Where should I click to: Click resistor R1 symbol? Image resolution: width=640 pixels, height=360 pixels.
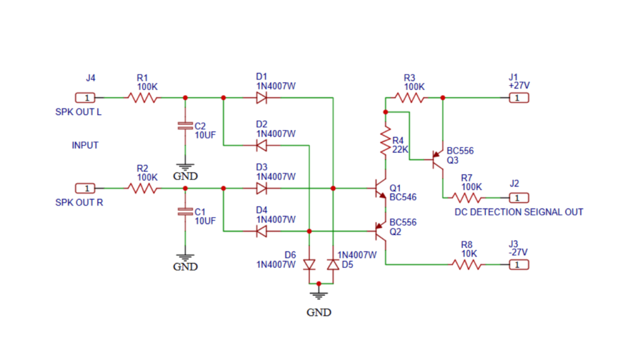pyautogui.click(x=142, y=98)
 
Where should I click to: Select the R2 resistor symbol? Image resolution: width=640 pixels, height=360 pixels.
pyautogui.click(x=142, y=187)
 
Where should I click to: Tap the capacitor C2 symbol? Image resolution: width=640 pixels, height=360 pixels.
pyautogui.click(x=185, y=126)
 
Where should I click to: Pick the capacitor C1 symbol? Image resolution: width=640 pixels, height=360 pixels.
pyautogui.click(x=185, y=212)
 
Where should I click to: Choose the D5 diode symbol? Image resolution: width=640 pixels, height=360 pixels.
pyautogui.click(x=333, y=264)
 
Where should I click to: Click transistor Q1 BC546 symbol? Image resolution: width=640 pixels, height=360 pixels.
pyautogui.click(x=380, y=189)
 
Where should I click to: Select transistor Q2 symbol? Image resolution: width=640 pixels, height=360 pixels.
pyautogui.click(x=380, y=231)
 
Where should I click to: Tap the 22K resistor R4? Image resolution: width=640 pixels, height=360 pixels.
pyautogui.click(x=386, y=142)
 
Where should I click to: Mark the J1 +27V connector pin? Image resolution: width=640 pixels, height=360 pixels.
pyautogui.click(x=519, y=98)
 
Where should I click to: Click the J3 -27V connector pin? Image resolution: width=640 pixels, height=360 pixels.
pyautogui.click(x=519, y=264)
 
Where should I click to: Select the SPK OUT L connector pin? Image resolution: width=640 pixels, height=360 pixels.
pyautogui.click(x=85, y=98)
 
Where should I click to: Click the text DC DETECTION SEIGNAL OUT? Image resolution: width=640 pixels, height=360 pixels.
pyautogui.click(x=518, y=212)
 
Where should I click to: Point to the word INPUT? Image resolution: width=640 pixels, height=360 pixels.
pyautogui.click(x=85, y=145)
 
